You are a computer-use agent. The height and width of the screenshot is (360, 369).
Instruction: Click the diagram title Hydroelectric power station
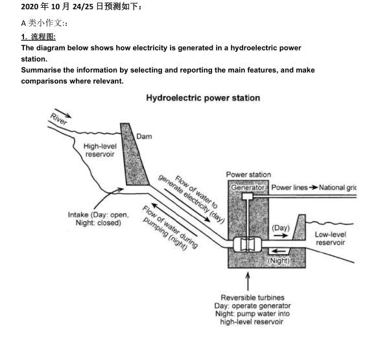click(203, 98)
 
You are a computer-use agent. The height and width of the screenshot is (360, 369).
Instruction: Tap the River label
click(58, 119)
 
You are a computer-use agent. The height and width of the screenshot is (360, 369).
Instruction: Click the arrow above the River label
click(63, 113)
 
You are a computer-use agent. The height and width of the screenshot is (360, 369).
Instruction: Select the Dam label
click(144, 137)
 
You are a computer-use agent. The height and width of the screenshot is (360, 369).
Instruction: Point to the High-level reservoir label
click(100, 150)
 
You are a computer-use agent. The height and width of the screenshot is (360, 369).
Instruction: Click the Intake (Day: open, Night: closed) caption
click(99, 219)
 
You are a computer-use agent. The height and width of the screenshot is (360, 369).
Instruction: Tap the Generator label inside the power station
click(248, 187)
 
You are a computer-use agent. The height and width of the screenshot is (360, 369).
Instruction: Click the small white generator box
click(247, 196)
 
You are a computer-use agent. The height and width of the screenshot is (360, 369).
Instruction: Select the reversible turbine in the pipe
click(247, 245)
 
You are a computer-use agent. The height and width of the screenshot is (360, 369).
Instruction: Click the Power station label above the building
click(248, 174)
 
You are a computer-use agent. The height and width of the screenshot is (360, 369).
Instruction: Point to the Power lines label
click(289, 187)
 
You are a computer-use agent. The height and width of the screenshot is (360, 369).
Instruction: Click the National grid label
click(338, 187)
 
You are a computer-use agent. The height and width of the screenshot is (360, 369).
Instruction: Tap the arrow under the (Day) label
click(281, 235)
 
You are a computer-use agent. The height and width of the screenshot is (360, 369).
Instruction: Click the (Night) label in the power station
click(279, 261)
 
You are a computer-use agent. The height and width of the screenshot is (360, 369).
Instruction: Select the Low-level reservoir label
click(330, 239)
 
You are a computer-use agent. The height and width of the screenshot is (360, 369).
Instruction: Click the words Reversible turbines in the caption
click(252, 298)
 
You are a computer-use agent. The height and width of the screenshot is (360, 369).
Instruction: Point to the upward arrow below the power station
click(248, 282)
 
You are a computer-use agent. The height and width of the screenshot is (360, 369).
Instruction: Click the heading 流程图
click(43, 37)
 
